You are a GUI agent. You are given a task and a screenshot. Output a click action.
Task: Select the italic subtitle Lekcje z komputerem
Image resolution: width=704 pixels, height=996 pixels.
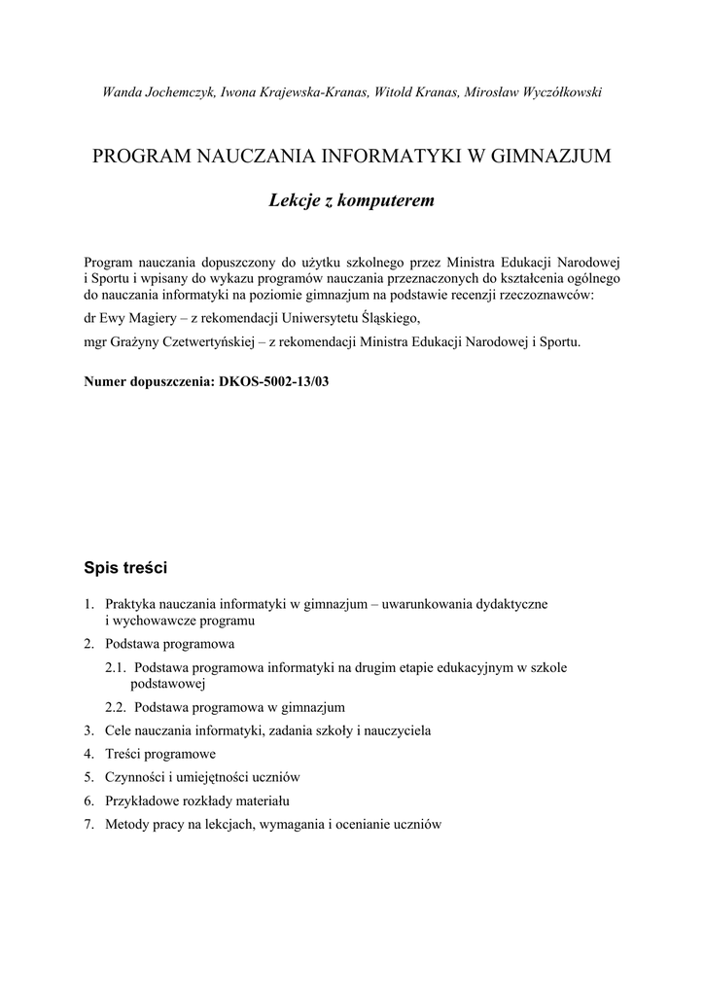pyautogui.click(x=350, y=201)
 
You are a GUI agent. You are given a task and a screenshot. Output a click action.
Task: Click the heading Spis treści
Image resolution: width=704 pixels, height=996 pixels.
pyautogui.click(x=126, y=565)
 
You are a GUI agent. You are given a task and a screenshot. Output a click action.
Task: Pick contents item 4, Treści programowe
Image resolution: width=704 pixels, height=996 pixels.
pyautogui.click(x=160, y=754)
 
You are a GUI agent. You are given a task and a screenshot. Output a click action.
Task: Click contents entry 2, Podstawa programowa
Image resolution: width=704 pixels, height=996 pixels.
pyautogui.click(x=169, y=644)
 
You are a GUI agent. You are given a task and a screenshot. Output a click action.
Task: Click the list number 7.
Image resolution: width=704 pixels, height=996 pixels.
pyautogui.click(x=88, y=825)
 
